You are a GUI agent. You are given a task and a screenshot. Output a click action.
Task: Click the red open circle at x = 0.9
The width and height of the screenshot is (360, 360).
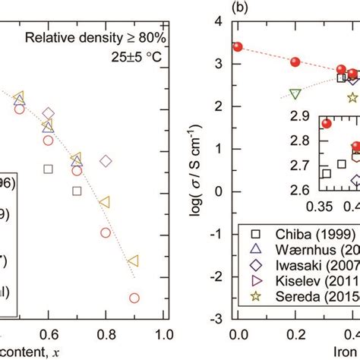click(x=134, y=298)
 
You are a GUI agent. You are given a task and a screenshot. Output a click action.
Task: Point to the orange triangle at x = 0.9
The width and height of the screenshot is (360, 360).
click(x=134, y=261)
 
